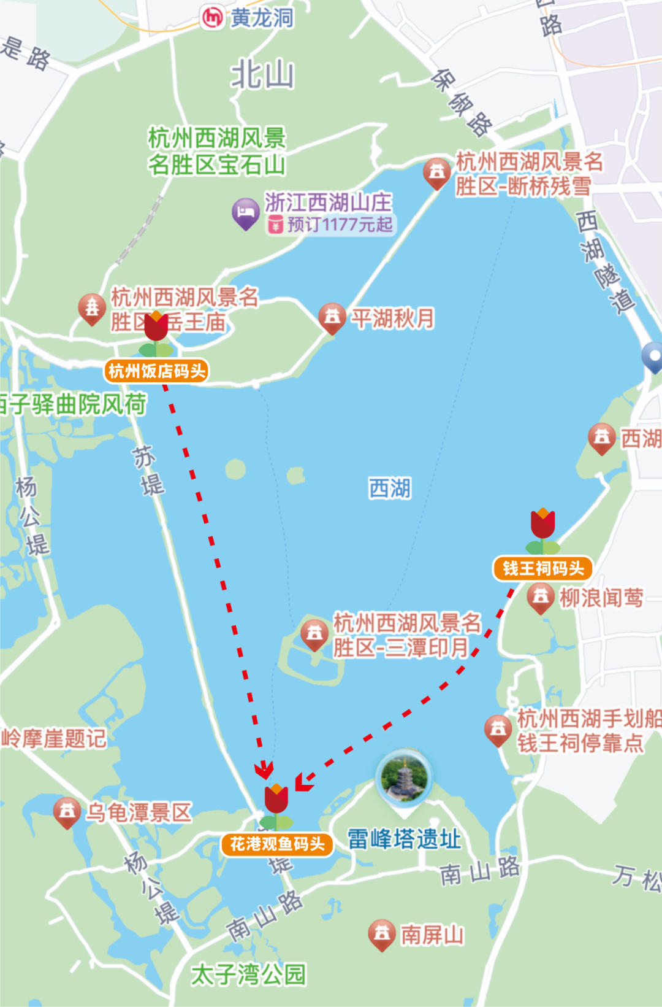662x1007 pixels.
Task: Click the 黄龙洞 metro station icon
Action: [x=213, y=17]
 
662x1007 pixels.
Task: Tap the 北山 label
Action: [x=263, y=76]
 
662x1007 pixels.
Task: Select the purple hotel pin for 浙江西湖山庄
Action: [x=245, y=212]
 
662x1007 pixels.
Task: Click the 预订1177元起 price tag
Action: [x=332, y=225]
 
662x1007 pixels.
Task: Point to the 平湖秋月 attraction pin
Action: [x=332, y=317]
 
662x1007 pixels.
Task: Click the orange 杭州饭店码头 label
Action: [x=157, y=371]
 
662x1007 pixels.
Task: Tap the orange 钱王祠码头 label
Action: [x=542, y=568]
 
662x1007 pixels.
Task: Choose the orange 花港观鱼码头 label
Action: [x=277, y=844]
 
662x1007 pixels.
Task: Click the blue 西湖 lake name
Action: [x=390, y=489]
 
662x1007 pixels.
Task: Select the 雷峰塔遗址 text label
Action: [x=405, y=839]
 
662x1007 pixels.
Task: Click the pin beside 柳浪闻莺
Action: [x=541, y=597]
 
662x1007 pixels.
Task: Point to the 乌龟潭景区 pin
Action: [x=67, y=812]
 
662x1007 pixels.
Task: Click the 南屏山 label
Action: [x=432, y=935]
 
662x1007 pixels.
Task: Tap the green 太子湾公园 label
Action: [x=248, y=974]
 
